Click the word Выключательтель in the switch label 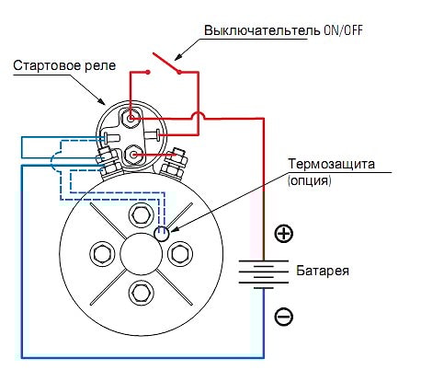262,30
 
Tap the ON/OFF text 343,30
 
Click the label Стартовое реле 64,65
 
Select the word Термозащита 331,164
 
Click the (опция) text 310,180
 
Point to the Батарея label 323,271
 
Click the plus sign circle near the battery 283,234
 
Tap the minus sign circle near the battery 283,317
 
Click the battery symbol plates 264,274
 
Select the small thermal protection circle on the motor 161,234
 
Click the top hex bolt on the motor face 141,215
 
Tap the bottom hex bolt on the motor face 141,292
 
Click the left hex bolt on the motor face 102,253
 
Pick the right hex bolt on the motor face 180,253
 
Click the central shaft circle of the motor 141,253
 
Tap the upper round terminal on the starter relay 131,118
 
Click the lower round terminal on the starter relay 132,155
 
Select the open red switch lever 165,63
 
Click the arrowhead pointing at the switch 178,57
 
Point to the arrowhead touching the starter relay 102,101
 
